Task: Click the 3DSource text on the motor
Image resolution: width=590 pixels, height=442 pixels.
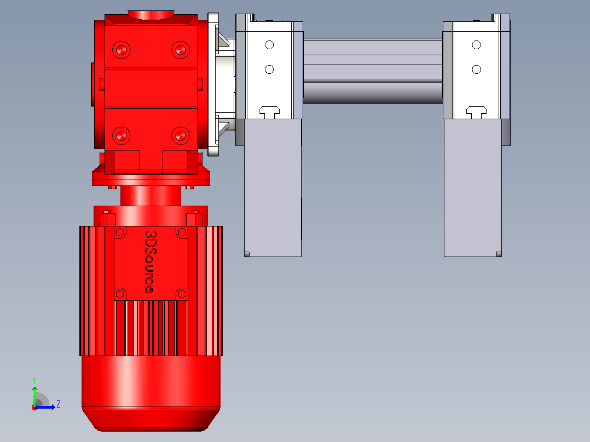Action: click(x=149, y=262)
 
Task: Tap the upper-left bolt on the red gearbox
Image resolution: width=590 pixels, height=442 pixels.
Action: click(x=121, y=50)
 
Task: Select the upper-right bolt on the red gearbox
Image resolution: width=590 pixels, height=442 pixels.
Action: click(x=181, y=50)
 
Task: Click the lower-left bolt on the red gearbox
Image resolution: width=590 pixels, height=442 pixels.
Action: click(x=121, y=136)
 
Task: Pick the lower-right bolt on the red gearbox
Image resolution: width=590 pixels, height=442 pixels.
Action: click(x=181, y=136)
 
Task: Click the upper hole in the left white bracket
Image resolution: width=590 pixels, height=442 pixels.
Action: click(x=269, y=45)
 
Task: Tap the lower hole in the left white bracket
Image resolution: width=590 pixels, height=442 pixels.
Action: click(x=269, y=69)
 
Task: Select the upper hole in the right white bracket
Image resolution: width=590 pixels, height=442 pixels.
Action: click(x=476, y=45)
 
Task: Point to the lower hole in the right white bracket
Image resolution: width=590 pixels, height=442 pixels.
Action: click(x=476, y=69)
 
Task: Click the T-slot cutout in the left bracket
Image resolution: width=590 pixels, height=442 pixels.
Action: click(x=269, y=112)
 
